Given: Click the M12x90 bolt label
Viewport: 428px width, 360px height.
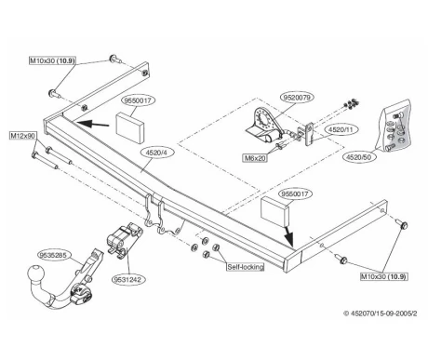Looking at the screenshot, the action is click(x=23, y=136).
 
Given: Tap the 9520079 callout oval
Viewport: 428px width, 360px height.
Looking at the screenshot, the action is click(x=297, y=98).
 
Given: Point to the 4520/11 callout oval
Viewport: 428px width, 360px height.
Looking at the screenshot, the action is click(x=341, y=129).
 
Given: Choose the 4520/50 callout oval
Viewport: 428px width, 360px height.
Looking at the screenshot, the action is click(x=358, y=157).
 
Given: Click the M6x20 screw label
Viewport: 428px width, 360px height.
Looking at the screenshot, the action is click(x=255, y=158).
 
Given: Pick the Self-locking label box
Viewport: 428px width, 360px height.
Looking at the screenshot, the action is click(x=246, y=267).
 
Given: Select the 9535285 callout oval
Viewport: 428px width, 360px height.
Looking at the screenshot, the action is click(x=55, y=256).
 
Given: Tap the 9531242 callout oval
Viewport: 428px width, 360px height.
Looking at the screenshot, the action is click(x=127, y=279).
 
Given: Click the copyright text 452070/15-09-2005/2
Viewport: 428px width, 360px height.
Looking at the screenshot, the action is click(x=380, y=313).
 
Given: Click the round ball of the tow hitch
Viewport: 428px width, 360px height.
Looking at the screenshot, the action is click(x=36, y=274).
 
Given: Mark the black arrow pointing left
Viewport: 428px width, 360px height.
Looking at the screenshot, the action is click(x=93, y=124).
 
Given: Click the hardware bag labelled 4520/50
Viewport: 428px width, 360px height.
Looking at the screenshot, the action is click(x=394, y=126).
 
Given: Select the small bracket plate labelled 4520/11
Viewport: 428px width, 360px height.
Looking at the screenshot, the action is click(x=309, y=134).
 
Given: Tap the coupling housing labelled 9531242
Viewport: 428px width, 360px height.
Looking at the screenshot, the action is click(x=124, y=240).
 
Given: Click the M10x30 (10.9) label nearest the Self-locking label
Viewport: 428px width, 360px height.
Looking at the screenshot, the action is click(x=383, y=276).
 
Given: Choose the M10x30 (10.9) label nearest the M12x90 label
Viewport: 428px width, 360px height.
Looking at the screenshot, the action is click(x=52, y=60).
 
